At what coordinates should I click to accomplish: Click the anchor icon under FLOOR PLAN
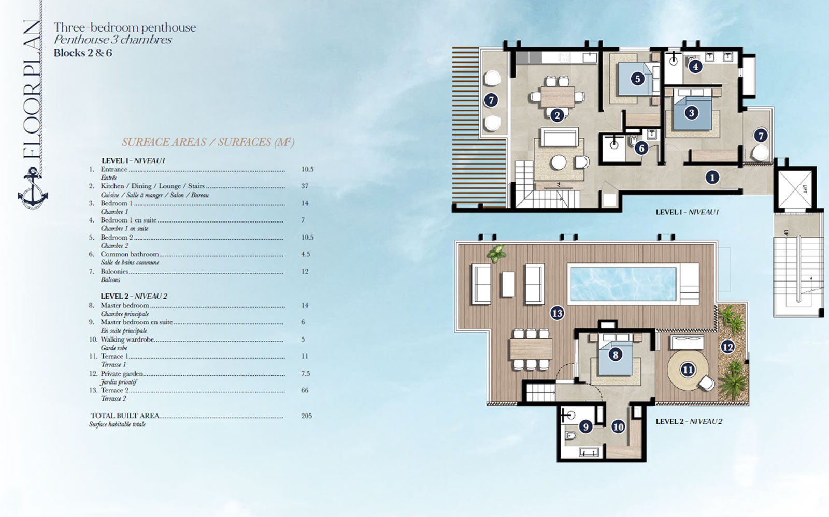pyautogui.click(x=33, y=189)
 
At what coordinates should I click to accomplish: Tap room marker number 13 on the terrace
pyautogui.click(x=557, y=313)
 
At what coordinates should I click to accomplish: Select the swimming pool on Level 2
pyautogui.click(x=622, y=283)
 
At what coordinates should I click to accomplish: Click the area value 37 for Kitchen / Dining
pyautogui.click(x=305, y=186)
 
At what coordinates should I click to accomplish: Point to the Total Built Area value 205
pyautogui.click(x=306, y=416)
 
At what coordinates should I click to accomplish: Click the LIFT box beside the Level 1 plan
pyautogui.click(x=795, y=188)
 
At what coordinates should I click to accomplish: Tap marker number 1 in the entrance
pyautogui.click(x=712, y=178)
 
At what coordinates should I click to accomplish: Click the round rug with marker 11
pyautogui.click(x=688, y=370)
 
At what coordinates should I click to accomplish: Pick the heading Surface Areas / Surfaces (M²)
pyautogui.click(x=208, y=142)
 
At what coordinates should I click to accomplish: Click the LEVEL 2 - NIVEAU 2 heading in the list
pyautogui.click(x=134, y=296)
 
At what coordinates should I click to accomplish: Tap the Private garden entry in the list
pyautogui.click(x=122, y=374)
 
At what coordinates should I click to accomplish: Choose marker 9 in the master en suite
pyautogui.click(x=585, y=426)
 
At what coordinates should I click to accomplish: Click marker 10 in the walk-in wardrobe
pyautogui.click(x=618, y=426)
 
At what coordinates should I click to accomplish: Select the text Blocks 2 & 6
pyautogui.click(x=83, y=53)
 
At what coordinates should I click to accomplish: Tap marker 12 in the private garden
pyautogui.click(x=727, y=347)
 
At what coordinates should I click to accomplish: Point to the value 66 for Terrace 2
pyautogui.click(x=305, y=390)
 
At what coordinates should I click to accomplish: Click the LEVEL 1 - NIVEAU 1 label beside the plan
pyautogui.click(x=687, y=212)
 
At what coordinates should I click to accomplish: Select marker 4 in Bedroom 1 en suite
pyautogui.click(x=695, y=66)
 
